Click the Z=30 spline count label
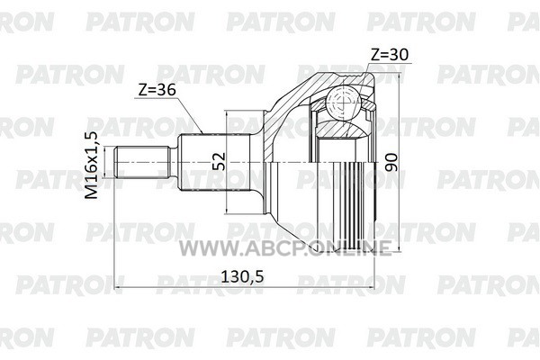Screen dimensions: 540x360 point(389,54)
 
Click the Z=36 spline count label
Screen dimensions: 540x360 point(157,90)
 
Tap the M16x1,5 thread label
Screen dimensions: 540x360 point(91,166)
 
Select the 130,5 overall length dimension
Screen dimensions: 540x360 point(242,276)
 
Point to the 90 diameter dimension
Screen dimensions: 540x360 point(391,162)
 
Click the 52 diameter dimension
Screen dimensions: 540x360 point(219,161)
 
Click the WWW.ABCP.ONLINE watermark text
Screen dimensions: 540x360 point(285,248)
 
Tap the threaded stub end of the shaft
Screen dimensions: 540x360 point(142,162)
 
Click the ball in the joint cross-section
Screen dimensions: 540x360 point(344,102)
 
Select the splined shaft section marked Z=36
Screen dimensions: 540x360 point(214,162)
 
